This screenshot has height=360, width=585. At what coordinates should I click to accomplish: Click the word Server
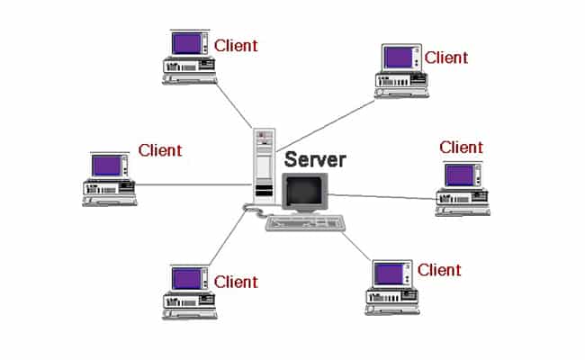(x=314, y=159)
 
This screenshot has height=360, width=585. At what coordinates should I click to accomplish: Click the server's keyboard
(x=306, y=222)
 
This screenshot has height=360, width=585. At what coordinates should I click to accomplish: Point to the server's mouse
(x=249, y=209)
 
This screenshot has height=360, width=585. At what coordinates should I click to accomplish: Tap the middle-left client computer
(x=107, y=179)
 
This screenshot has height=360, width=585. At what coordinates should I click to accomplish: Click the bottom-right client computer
(x=391, y=285)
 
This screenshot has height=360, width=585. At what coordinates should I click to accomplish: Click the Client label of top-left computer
(x=236, y=44)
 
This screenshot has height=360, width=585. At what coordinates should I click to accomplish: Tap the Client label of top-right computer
(x=446, y=58)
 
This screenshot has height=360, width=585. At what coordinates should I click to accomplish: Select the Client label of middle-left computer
(x=159, y=150)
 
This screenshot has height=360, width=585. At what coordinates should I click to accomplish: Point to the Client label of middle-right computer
(x=461, y=147)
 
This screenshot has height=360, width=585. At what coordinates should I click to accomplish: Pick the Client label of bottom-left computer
(x=236, y=283)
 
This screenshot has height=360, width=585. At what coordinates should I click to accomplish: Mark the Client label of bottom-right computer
(x=439, y=269)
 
